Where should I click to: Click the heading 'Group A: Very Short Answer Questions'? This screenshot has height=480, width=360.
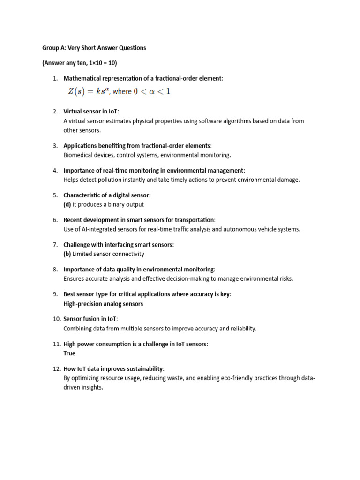(94, 48)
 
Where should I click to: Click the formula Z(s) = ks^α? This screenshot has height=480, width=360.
(89, 91)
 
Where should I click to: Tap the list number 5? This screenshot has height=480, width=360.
(55, 195)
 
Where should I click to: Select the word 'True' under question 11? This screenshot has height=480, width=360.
(69, 353)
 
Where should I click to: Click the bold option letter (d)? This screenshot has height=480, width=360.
(67, 204)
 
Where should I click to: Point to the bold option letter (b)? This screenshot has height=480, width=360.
(67, 254)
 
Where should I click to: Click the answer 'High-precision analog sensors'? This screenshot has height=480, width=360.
(103, 304)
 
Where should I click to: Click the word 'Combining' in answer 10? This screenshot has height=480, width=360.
(77, 329)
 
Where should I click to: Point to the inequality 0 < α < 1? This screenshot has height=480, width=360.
(152, 91)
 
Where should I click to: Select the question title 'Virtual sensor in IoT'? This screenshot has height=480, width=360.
(91, 111)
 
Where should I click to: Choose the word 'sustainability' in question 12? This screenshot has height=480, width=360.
(141, 369)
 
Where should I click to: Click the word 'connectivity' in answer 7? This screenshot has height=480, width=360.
(127, 254)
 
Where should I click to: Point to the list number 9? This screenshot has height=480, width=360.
(55, 294)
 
